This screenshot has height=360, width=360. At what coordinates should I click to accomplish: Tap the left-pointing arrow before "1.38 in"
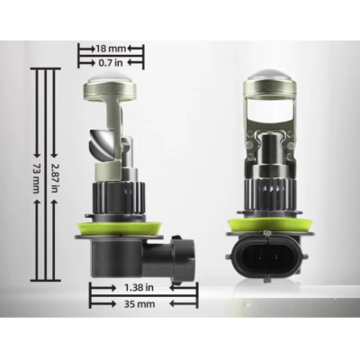[96, 286]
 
